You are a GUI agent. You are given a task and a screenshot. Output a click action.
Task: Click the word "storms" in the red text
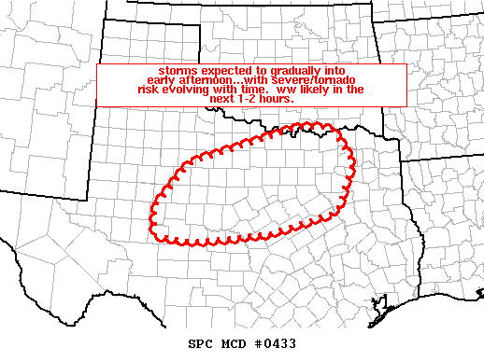click(x=176, y=71)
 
